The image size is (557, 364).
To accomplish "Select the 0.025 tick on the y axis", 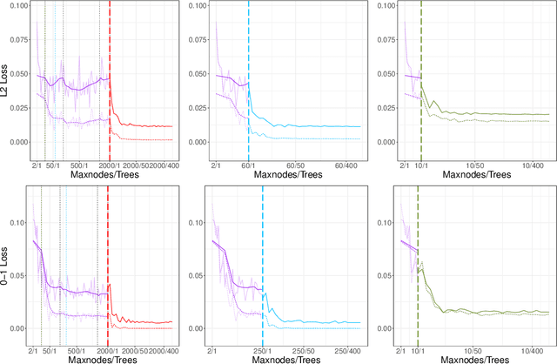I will (x=17, y=116).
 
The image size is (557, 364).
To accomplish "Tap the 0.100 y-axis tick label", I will (x=17, y=5).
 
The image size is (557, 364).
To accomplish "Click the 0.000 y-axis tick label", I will (x=17, y=141).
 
